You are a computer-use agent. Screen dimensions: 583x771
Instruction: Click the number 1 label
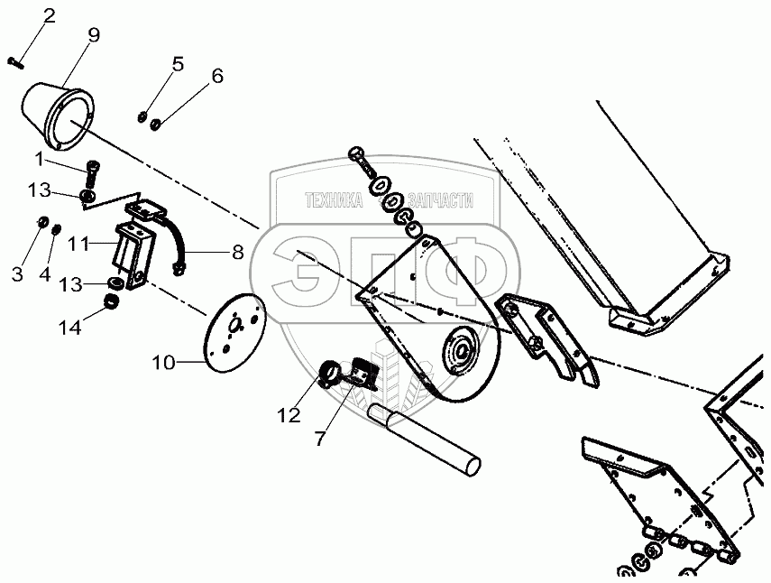39,160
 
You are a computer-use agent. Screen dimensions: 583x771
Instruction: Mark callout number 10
163,363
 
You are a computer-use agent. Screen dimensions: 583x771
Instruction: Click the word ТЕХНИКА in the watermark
334,202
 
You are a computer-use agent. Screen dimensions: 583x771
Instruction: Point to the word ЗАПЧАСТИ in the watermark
441,202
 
